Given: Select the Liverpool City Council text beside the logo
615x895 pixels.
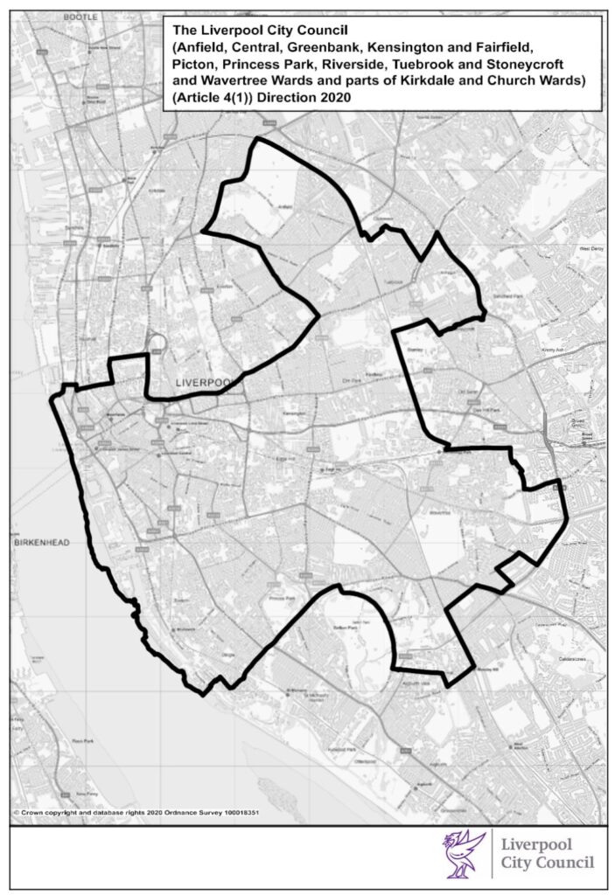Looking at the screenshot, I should (x=543, y=855).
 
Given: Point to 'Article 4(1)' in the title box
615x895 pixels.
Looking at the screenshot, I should (x=212, y=100).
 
